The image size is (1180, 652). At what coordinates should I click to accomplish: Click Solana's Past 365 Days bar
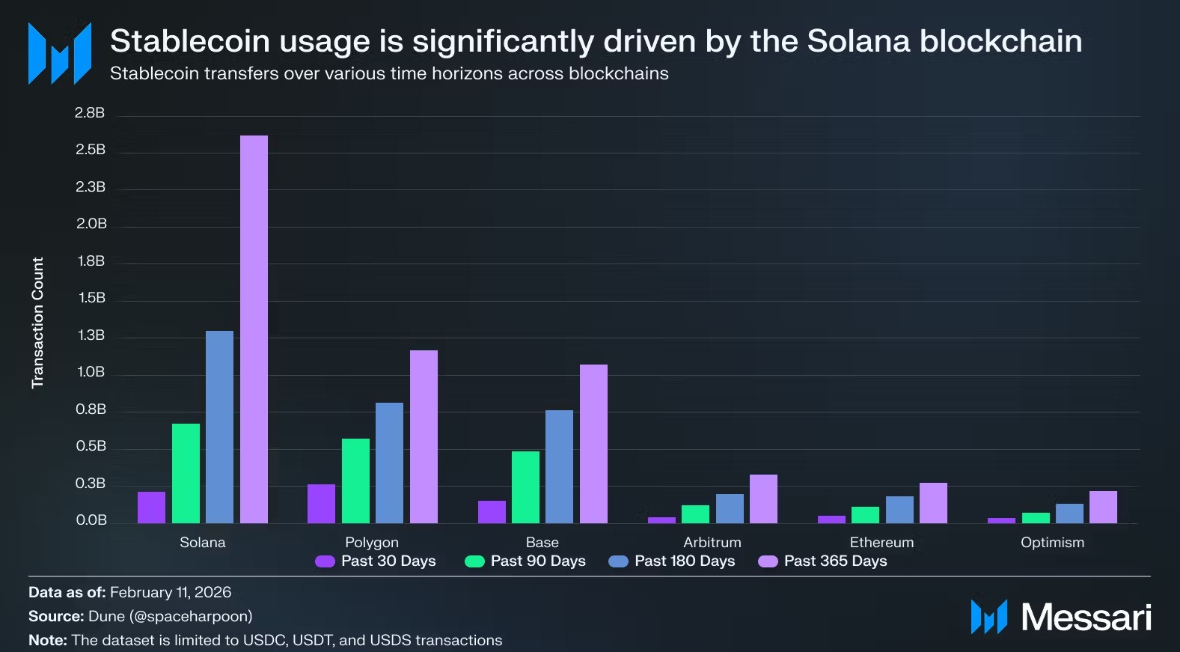[254, 329]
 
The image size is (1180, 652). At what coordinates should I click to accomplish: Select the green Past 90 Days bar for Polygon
[355, 481]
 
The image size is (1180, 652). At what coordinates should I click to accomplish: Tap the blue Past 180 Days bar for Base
[559, 466]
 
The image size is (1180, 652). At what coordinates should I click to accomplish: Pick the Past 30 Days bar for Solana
[151, 508]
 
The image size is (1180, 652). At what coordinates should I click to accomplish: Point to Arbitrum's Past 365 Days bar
[763, 499]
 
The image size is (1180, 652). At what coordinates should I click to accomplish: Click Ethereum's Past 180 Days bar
[899, 510]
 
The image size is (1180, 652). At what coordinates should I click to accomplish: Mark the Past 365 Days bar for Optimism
[1103, 507]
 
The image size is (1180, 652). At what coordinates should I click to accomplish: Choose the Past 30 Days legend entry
[376, 561]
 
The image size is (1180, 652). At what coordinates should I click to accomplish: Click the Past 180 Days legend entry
[672, 561]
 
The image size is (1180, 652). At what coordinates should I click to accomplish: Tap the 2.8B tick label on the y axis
[90, 113]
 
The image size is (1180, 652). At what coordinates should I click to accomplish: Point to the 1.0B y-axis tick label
[91, 372]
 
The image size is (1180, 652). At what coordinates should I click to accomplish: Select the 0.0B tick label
[91, 520]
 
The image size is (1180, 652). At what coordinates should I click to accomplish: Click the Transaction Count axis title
[37, 323]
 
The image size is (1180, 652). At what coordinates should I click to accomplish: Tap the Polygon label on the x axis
[372, 543]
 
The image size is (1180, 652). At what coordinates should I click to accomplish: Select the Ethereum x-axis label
[881, 543]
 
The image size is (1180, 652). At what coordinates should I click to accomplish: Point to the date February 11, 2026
[171, 593]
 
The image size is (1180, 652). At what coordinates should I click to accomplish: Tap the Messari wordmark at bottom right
[1086, 618]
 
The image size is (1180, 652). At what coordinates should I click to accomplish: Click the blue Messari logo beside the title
[60, 54]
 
